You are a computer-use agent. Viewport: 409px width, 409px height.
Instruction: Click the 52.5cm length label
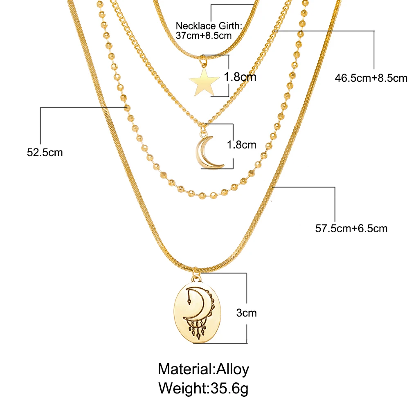click(45, 153)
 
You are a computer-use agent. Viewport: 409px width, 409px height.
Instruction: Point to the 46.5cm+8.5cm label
click(371, 78)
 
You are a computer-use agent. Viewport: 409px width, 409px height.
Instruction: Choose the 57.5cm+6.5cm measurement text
click(351, 228)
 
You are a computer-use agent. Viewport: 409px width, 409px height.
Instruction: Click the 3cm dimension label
click(247, 313)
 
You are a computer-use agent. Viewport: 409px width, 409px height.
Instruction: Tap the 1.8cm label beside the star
click(240, 76)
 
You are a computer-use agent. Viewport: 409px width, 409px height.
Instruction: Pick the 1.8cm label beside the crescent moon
click(242, 144)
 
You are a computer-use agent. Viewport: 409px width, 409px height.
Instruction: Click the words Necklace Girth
click(209, 27)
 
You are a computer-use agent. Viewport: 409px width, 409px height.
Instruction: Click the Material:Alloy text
click(203, 369)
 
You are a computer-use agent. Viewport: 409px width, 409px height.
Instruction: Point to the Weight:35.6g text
click(203, 387)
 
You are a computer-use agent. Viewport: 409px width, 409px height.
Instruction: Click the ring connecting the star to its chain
click(202, 63)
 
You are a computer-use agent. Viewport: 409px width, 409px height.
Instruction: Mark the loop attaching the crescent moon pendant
click(203, 131)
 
